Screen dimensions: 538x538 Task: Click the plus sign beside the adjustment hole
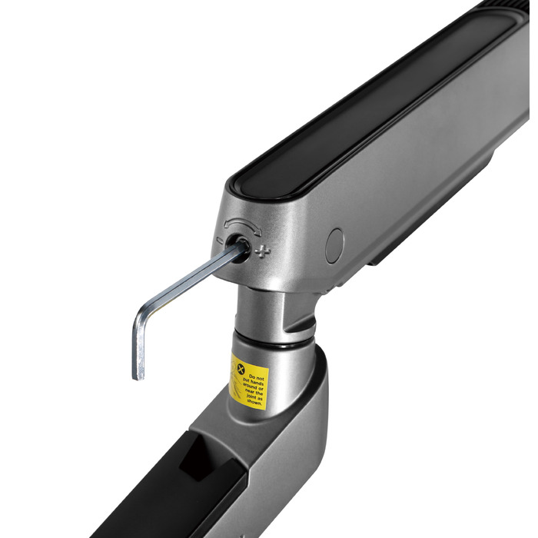coord(263,252)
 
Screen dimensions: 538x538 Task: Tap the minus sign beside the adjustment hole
coord(220,240)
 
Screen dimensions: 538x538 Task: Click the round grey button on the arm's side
coord(334,246)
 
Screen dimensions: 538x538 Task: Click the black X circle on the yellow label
coord(241,369)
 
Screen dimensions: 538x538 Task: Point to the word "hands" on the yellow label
coord(257,384)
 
